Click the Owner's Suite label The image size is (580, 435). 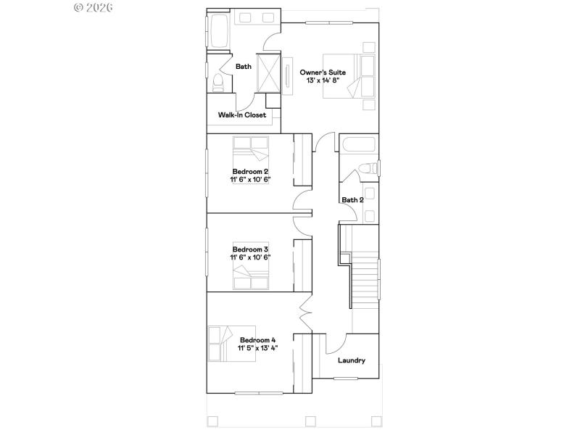point(323,72)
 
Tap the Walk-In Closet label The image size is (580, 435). point(242,115)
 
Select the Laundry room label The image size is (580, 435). point(352,360)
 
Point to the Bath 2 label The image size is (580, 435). point(352,200)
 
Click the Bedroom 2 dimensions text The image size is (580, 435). point(250,179)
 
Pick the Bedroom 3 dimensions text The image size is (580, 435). point(250,257)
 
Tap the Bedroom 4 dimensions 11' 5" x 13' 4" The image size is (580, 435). point(258,348)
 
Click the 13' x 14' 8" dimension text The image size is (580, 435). point(323,81)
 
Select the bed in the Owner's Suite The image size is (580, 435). point(358,76)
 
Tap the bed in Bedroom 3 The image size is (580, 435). point(250,275)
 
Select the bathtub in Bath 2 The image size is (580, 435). point(358,145)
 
